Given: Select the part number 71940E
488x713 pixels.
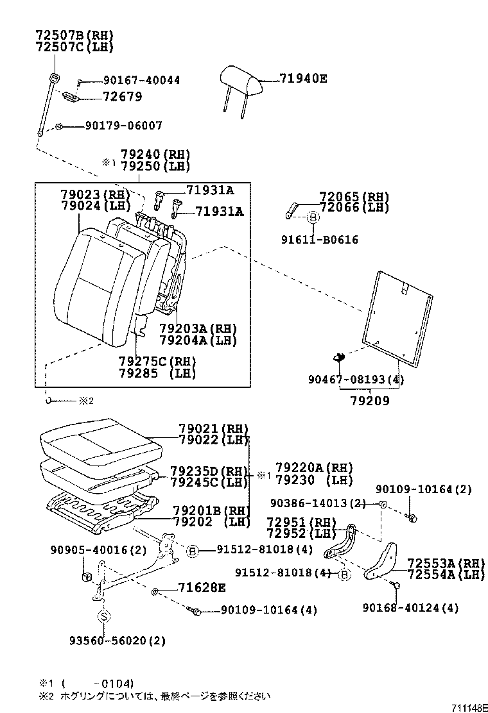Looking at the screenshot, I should click(303, 79).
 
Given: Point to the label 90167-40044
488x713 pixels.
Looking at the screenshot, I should click(141, 80).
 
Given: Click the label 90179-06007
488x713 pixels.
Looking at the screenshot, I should click(123, 126).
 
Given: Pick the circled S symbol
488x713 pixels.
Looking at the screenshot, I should click(103, 616).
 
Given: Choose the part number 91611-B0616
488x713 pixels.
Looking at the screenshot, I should click(319, 240).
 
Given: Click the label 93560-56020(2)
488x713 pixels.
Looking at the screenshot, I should click(118, 641).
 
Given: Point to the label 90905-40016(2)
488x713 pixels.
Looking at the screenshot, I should click(98, 550).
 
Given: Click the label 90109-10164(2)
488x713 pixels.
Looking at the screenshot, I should click(423, 489).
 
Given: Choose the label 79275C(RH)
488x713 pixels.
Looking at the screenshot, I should click(157, 361).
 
